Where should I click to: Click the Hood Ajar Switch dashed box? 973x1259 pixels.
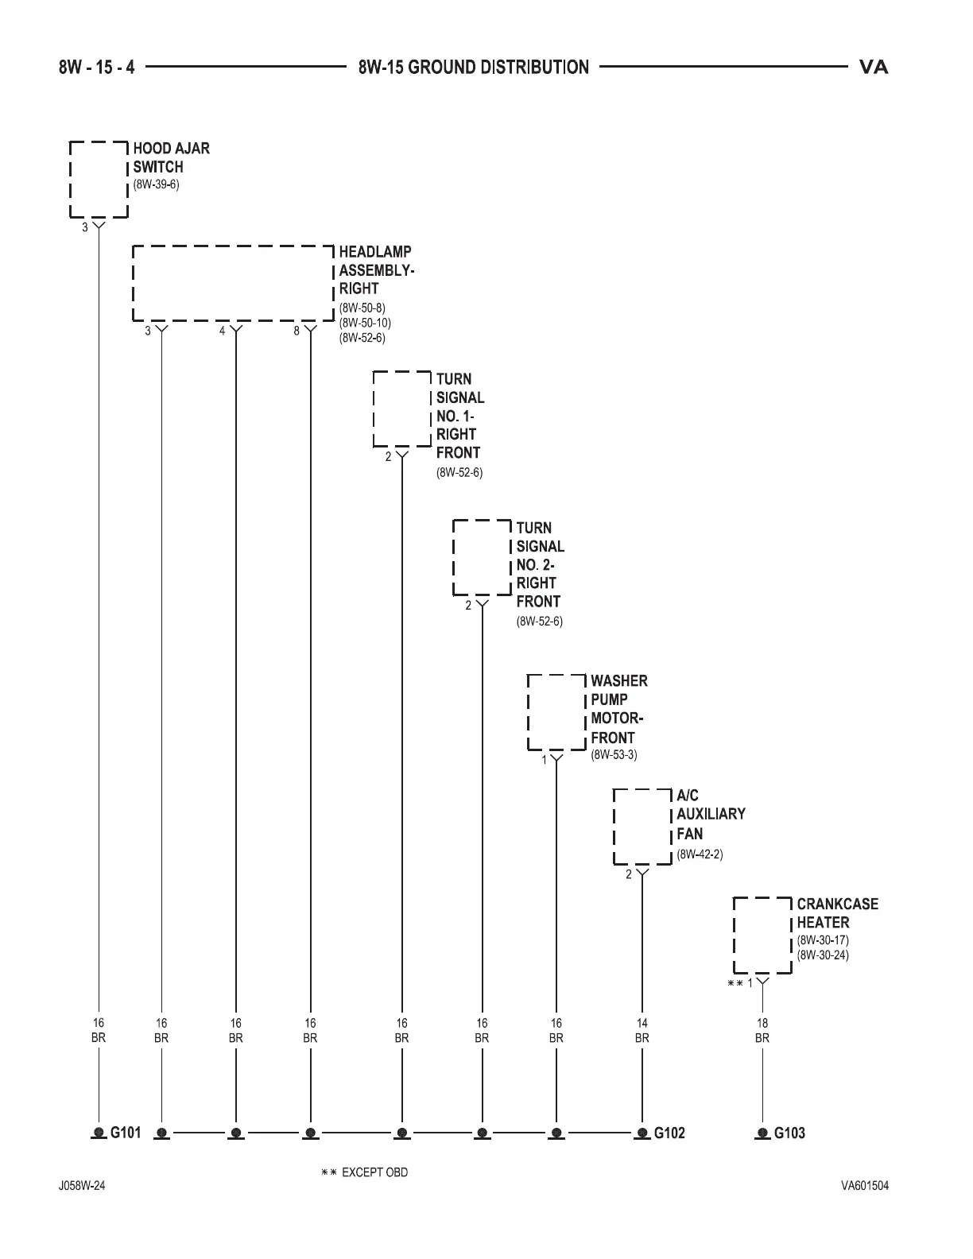tap(99, 180)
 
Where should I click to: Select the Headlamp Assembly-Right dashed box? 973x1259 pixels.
tap(232, 284)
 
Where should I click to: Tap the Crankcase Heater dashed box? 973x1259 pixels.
tap(762, 935)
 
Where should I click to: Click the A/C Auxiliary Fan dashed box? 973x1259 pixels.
tap(642, 827)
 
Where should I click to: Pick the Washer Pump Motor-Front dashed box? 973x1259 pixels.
tap(557, 712)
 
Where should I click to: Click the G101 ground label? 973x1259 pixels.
tap(125, 1133)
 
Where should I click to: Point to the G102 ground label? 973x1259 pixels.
tap(669, 1133)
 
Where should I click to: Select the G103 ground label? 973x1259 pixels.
tap(789, 1133)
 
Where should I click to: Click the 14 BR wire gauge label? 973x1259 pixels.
tap(642, 1030)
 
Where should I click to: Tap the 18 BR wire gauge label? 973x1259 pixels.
tap(762, 1030)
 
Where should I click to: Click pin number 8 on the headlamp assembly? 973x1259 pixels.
tap(297, 331)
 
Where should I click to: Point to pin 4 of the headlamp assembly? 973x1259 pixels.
tap(223, 331)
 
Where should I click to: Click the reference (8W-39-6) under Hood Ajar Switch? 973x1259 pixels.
tap(156, 184)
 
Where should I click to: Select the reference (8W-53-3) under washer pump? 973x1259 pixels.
tap(614, 755)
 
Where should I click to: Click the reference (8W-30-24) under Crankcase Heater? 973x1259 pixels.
tap(823, 955)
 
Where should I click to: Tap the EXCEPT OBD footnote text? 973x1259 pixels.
tap(374, 1172)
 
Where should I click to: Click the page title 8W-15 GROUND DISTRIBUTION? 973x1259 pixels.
tap(474, 68)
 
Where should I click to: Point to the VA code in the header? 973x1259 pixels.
tap(874, 68)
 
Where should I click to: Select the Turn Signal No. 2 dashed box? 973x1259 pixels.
tap(482, 557)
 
